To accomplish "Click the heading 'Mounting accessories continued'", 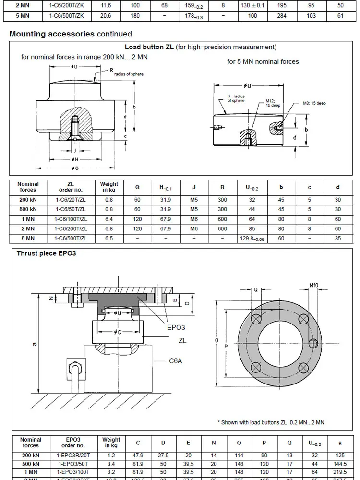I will [x=70, y=34].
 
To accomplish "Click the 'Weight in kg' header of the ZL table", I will [x=109, y=187].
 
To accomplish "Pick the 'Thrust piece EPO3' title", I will [x=47, y=253].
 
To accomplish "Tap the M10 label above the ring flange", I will [x=314, y=285].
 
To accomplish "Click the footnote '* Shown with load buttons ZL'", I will [x=272, y=422].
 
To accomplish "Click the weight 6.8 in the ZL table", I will [x=109, y=229].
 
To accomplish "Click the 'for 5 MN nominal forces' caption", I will [x=263, y=61].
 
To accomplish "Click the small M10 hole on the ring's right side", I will [x=313, y=343].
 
